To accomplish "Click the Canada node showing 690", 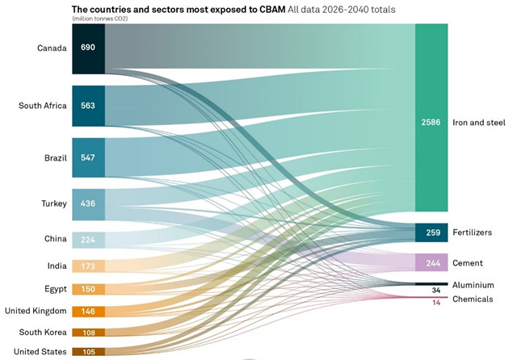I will [x=88, y=48].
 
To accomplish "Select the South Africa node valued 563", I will [x=88, y=105].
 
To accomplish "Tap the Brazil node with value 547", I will [x=88, y=157].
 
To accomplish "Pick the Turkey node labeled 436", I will [x=88, y=203].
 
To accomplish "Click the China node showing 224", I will [x=88, y=239].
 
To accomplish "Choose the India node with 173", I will [x=88, y=266].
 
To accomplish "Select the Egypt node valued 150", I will [x=88, y=289].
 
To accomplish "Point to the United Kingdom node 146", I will [x=88, y=311].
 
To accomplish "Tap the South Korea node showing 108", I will [x=88, y=332].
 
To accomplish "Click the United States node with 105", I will [x=88, y=351].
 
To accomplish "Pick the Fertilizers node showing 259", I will [x=431, y=232].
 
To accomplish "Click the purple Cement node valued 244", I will [x=431, y=263].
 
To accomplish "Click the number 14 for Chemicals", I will [x=436, y=302].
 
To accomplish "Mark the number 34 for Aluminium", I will [x=436, y=291].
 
